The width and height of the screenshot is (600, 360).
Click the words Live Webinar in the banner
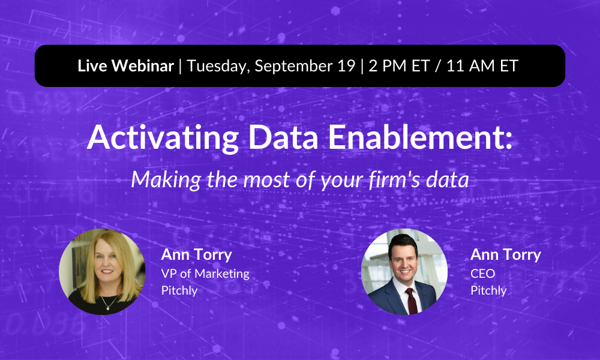[125, 66]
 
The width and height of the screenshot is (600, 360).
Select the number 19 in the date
[346, 66]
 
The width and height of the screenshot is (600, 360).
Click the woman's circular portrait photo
[102, 271]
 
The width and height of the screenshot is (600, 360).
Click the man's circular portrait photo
[404, 271]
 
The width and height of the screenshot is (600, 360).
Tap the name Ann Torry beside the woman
[196, 254]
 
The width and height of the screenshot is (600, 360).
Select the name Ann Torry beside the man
[505, 254]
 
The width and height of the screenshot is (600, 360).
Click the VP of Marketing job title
[205, 274]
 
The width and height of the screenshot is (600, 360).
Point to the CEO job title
[482, 274]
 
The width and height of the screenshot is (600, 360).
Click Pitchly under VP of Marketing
[179, 290]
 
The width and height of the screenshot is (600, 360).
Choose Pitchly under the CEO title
[488, 290]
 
